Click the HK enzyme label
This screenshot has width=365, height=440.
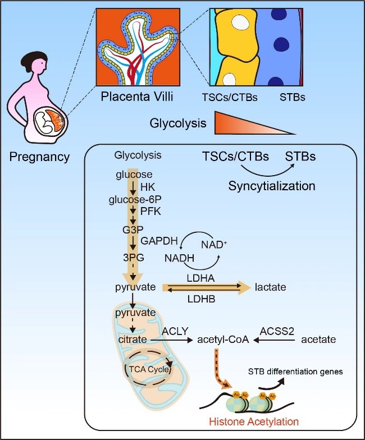147,186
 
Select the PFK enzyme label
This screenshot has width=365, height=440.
148,211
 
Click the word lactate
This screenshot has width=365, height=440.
270,287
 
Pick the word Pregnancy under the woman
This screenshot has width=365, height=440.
39,157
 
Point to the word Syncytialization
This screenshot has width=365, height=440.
272,185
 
